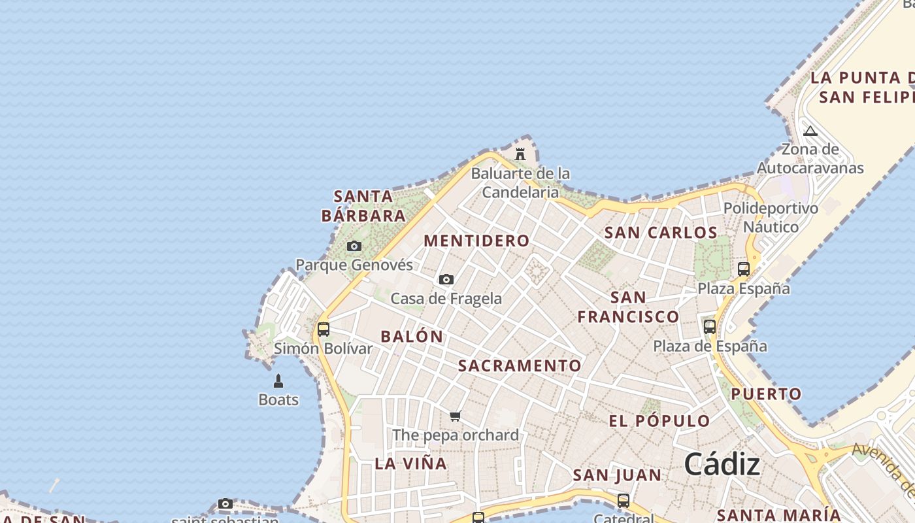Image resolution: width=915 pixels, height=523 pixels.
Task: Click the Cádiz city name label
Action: coord(722,465)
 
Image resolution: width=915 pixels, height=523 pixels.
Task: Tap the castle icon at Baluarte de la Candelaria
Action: coord(520,154)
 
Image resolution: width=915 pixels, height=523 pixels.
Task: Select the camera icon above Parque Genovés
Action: coord(354,246)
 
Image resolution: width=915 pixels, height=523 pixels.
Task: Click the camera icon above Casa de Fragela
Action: coord(446,280)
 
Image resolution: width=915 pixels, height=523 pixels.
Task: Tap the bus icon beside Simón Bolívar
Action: coord(323,329)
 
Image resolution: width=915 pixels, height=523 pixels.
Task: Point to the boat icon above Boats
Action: coord(278,381)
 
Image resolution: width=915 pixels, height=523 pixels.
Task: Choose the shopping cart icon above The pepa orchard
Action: coord(456,416)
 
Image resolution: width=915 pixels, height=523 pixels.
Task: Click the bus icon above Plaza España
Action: coord(743,269)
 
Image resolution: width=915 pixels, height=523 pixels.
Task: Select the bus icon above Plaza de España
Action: coord(710,327)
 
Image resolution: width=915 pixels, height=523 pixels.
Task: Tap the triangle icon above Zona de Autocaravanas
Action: coord(810,131)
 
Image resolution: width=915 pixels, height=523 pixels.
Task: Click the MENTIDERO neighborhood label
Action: coord(476,241)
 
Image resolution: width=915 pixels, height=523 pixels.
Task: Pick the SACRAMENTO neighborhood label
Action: coord(520,365)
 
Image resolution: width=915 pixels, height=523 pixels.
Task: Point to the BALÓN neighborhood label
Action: coord(412,337)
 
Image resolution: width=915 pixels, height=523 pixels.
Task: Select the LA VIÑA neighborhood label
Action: coord(411,464)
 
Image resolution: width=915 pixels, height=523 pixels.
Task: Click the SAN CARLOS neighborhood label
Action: coord(661,233)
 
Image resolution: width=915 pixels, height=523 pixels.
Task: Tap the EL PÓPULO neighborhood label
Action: coord(659,421)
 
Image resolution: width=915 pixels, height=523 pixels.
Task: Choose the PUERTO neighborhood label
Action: coord(766,394)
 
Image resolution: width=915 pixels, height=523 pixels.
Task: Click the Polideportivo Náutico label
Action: coord(771,218)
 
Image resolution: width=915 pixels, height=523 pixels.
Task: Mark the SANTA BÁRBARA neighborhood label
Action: coord(364,205)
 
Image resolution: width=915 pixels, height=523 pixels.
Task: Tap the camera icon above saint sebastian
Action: coord(225,504)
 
